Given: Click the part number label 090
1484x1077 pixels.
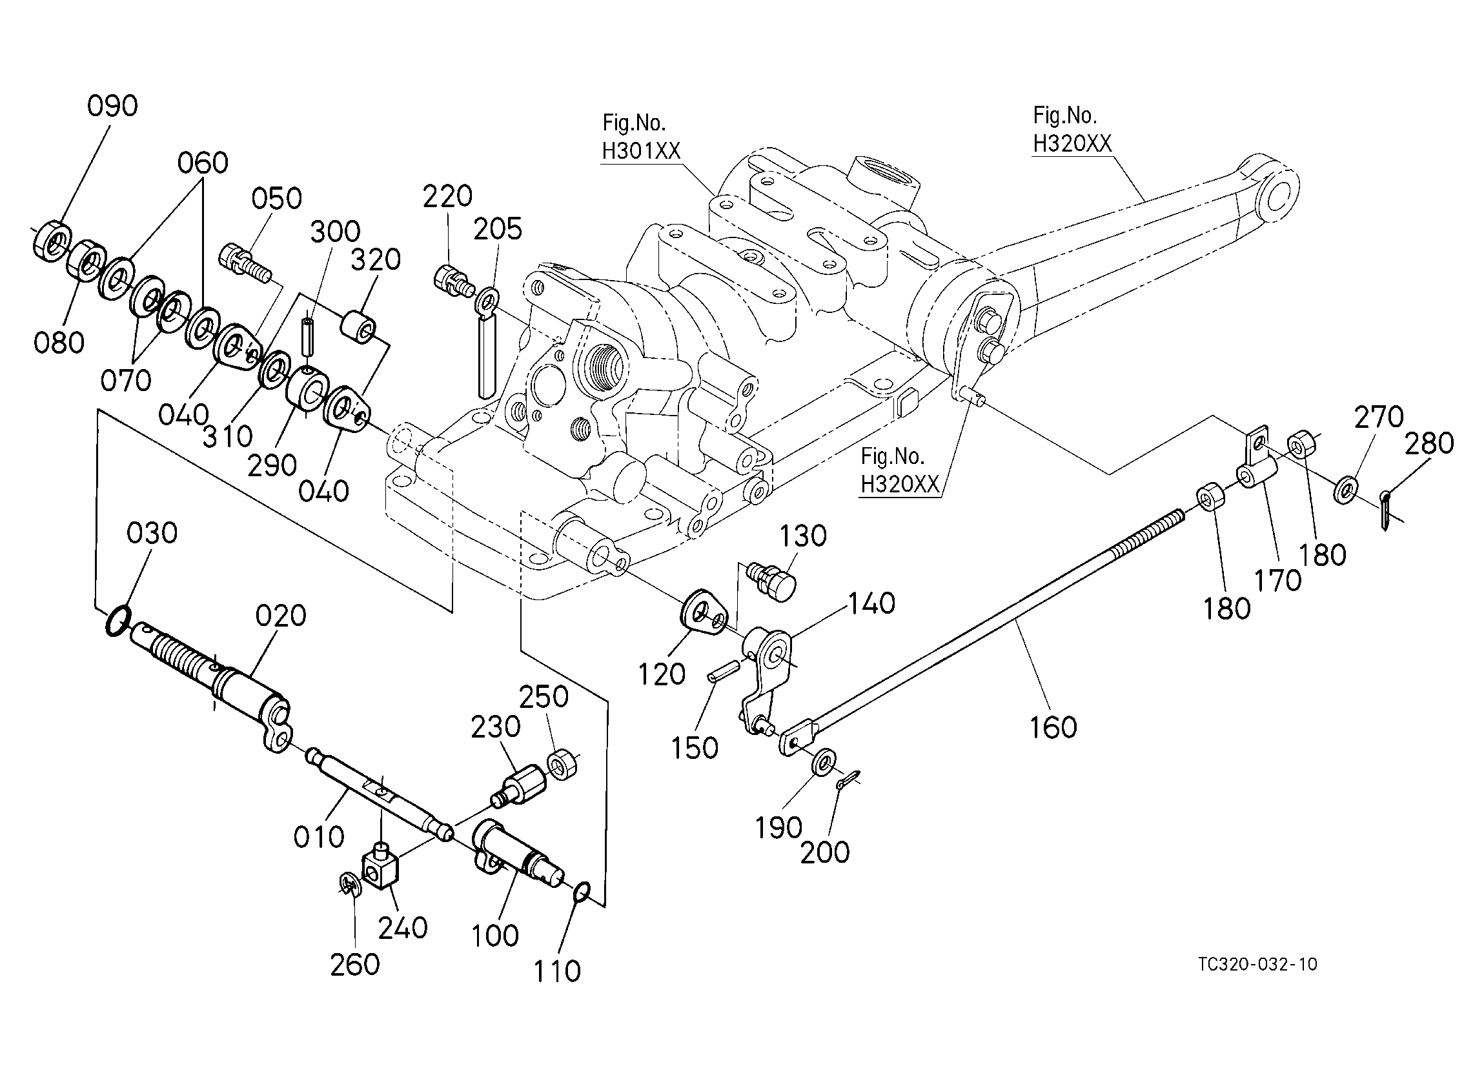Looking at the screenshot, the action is [112, 106].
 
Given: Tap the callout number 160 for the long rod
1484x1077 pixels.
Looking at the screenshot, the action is [1053, 727].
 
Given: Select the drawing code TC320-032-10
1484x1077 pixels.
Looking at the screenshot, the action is [1257, 964].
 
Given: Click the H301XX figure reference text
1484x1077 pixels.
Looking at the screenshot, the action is [641, 151].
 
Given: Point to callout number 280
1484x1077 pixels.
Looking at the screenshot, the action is [1430, 443].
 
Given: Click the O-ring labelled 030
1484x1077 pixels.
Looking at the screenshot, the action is [118, 621].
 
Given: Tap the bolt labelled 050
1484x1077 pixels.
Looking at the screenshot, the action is [247, 263].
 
